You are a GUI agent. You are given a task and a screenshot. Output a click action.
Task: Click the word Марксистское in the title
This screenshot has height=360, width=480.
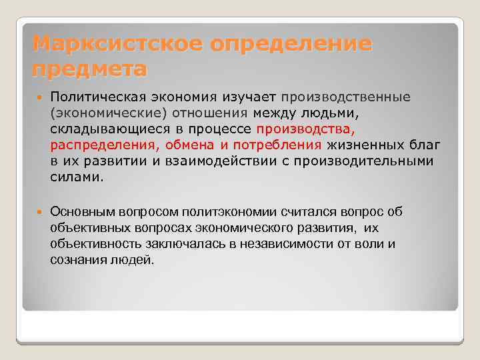tap(115, 45)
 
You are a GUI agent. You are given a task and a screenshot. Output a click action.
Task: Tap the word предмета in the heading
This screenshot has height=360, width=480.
tap(89, 69)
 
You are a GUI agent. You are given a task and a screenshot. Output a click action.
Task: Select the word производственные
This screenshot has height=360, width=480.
tap(346, 97)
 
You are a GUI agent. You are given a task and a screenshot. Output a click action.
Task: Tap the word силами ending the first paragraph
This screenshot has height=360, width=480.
tap(77, 177)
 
